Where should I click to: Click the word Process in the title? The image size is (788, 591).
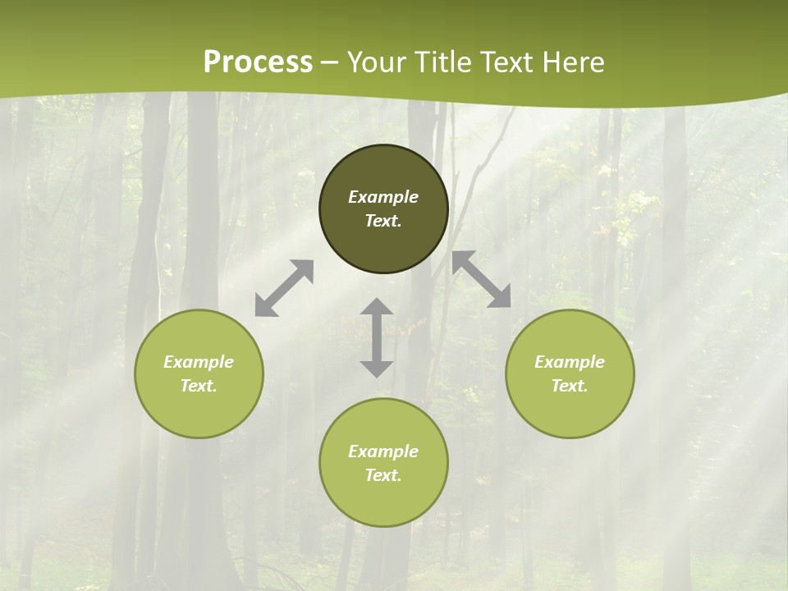click(258, 62)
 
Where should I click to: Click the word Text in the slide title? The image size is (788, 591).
click(507, 62)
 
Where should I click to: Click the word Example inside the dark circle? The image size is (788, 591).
click(383, 197)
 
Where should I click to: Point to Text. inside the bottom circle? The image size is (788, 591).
click(383, 475)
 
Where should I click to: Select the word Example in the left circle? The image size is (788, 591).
click(199, 362)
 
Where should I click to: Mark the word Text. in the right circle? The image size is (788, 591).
click(570, 386)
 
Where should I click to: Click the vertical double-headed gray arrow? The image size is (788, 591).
click(377, 337)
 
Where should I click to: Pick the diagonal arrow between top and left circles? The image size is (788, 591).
click(284, 288)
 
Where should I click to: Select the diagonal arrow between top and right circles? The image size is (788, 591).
click(482, 279)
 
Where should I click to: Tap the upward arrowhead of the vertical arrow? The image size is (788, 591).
click(377, 307)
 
